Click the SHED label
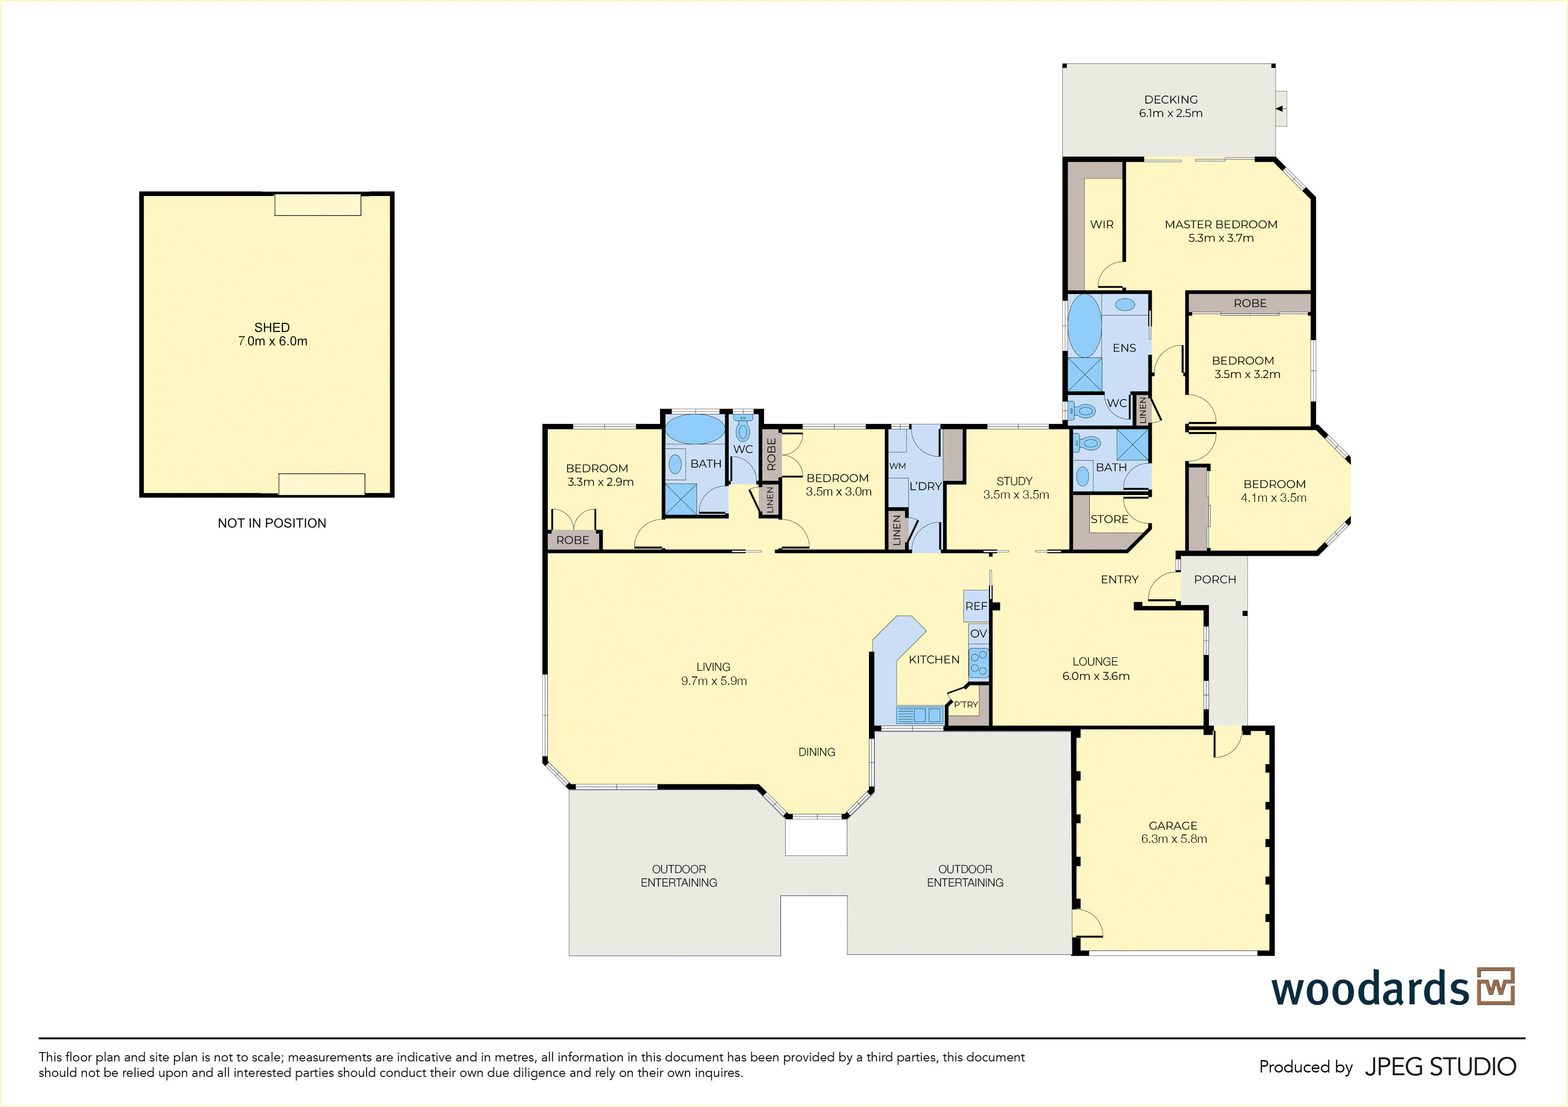click(x=272, y=328)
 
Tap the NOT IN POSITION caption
click(x=272, y=523)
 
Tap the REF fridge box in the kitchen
click(x=976, y=606)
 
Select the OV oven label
click(x=979, y=634)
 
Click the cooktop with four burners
click(x=979, y=662)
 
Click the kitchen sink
click(x=920, y=715)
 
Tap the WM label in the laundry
click(x=897, y=466)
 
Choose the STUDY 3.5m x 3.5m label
click(x=1015, y=488)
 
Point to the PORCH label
click(x=1215, y=580)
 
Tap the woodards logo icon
click(x=1495, y=986)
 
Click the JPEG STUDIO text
click(x=1440, y=1067)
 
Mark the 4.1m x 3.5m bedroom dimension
click(x=1274, y=498)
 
